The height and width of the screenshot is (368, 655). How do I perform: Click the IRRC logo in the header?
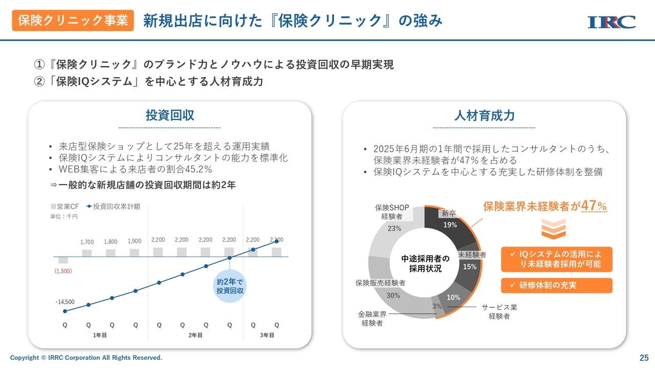click(x=612, y=21)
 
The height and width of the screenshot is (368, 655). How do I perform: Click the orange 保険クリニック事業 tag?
click(x=73, y=20)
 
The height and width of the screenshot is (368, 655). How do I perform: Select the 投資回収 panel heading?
click(x=170, y=115)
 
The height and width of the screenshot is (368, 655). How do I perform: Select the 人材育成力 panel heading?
click(x=484, y=115)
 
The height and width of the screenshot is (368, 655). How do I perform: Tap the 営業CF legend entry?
click(x=64, y=206)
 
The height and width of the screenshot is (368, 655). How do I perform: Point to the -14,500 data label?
click(x=65, y=302)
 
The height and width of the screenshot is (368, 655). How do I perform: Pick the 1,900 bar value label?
click(x=135, y=241)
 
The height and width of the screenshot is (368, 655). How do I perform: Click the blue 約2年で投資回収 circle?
click(x=230, y=286)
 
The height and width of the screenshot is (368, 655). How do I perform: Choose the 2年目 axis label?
click(x=195, y=335)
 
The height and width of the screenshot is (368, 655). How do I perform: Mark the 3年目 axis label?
click(x=267, y=335)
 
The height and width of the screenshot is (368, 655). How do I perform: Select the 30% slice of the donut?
click(x=393, y=295)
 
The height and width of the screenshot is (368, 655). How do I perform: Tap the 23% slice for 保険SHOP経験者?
click(x=394, y=228)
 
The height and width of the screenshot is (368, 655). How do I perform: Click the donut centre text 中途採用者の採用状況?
click(x=425, y=263)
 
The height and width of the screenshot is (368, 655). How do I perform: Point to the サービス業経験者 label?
click(x=499, y=312)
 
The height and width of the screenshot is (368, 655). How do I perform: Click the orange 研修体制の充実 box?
click(x=556, y=285)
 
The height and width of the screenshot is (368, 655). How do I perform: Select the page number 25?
click(x=644, y=357)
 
